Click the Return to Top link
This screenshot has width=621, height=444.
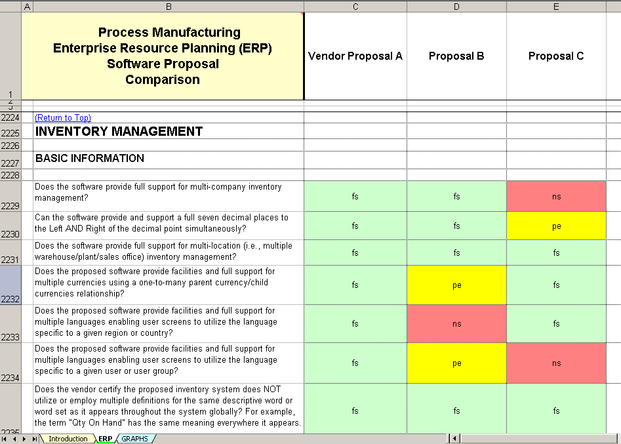pos(62,118)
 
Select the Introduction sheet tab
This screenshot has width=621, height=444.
pos(68,439)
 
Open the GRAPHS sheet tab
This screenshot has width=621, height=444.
pos(134,439)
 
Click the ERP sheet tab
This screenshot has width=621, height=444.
pos(105,439)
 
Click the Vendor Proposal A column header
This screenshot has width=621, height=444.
pos(355,56)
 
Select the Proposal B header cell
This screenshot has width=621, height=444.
pos(456,56)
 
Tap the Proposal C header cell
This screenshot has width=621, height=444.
pos(556,56)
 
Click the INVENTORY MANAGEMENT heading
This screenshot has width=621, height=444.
pos(119,131)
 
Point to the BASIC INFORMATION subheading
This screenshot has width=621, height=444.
pos(89,158)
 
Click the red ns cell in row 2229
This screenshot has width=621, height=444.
pos(556,196)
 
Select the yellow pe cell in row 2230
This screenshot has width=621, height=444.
pos(556,226)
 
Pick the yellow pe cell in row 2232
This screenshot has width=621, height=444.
pos(456,285)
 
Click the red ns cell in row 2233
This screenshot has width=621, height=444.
pos(456,324)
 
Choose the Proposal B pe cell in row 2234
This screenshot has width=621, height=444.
pos(456,363)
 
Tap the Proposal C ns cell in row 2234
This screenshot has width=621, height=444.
pos(556,363)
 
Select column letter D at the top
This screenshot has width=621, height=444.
pos(456,7)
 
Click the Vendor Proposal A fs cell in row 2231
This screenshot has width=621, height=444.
pos(355,252)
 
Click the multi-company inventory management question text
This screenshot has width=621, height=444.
pos(158,192)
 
